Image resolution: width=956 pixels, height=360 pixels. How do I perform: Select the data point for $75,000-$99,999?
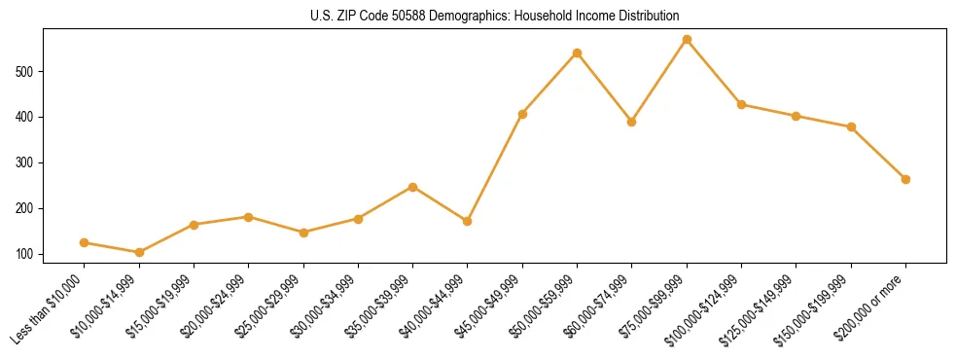click(687, 40)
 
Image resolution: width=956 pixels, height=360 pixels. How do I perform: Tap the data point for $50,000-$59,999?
click(577, 53)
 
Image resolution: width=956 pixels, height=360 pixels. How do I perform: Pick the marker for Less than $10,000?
click(85, 243)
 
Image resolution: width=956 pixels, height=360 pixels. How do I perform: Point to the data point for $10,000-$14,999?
click(139, 253)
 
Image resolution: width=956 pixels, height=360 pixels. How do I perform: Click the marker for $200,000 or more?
click(905, 179)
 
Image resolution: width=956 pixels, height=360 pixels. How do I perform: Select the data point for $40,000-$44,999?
click(468, 222)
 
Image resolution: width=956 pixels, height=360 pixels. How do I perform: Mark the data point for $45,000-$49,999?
click(522, 114)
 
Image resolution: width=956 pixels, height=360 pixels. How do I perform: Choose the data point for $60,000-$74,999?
click(632, 123)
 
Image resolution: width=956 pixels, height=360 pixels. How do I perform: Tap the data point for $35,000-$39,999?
click(413, 187)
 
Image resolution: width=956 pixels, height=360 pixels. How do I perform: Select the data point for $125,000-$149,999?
click(797, 116)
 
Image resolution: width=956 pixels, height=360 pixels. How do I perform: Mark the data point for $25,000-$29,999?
click(303, 233)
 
